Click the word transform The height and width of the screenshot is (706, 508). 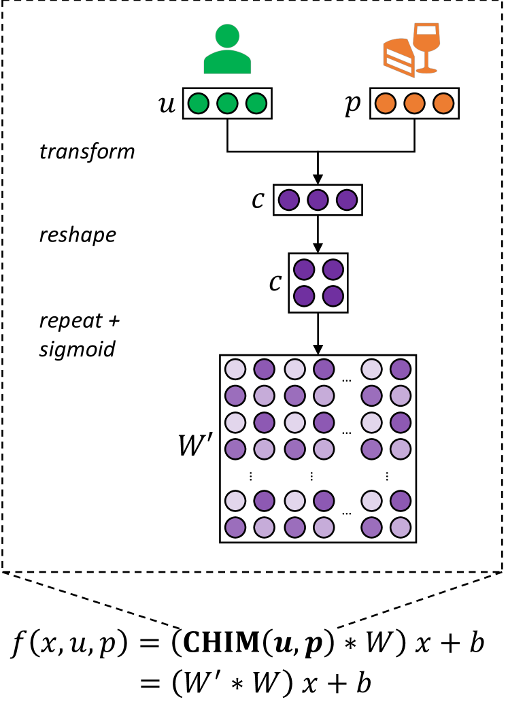[87, 151]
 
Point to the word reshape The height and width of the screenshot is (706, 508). [77, 235]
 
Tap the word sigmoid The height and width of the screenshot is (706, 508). [77, 350]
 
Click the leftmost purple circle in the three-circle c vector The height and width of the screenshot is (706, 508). [290, 201]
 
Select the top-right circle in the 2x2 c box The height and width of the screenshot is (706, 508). [332, 270]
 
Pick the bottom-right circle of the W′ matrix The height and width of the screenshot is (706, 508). [401, 527]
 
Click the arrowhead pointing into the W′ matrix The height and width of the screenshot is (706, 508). [318, 350]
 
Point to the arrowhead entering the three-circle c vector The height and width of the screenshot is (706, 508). [318, 180]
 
